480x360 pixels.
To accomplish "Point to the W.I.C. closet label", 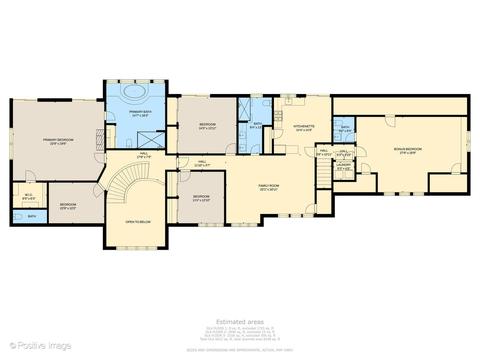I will [26, 196].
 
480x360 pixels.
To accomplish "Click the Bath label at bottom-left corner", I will [32, 216].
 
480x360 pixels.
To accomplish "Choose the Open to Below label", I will [137, 221].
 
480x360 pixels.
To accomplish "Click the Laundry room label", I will [343, 169].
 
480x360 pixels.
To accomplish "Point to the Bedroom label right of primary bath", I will [207, 126].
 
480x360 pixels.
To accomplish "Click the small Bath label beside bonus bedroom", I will [345, 129].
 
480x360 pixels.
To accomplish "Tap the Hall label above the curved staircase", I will [143, 155].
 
